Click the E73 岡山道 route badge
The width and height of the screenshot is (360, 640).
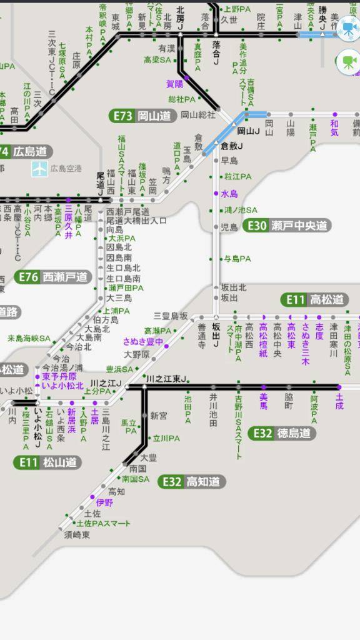tap(142, 116)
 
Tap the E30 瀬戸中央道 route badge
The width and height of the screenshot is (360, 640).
tap(287, 226)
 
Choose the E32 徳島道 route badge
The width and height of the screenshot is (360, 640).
tap(282, 433)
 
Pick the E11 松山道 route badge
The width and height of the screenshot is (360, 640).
tap(47, 462)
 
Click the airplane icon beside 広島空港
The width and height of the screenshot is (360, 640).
tap(39, 168)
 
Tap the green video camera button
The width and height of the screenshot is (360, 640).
tap(348, 61)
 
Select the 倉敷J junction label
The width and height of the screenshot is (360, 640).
tap(232, 146)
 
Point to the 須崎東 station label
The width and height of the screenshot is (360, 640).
tap(77, 535)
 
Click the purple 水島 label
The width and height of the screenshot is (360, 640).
tap(229, 194)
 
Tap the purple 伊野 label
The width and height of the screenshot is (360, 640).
tap(104, 502)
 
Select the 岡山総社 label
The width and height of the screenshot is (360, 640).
tap(197, 114)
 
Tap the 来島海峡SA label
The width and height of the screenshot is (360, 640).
tap(29, 338)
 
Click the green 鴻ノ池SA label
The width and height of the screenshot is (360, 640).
tap(241, 210)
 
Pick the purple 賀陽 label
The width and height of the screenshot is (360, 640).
tap(174, 83)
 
